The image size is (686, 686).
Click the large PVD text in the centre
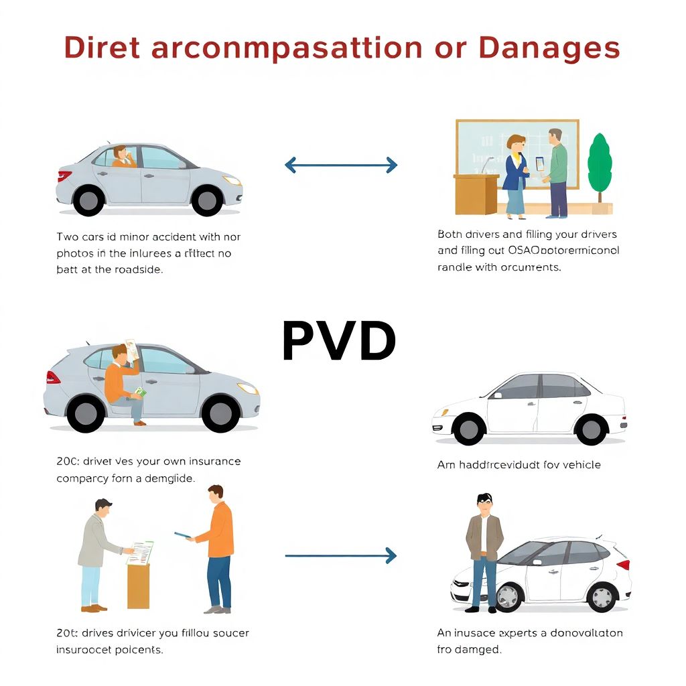click(x=339, y=342)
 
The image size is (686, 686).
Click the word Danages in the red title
click(x=549, y=48)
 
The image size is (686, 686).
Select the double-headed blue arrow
click(x=341, y=165)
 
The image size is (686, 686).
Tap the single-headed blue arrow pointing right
click(x=341, y=555)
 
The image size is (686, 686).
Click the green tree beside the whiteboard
click(x=600, y=165)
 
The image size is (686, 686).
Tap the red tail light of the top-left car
click(x=64, y=176)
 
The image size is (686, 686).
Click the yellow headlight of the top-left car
click(x=232, y=180)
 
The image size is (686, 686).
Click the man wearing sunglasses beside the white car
click(x=484, y=549)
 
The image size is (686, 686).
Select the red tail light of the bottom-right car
click(x=623, y=564)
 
